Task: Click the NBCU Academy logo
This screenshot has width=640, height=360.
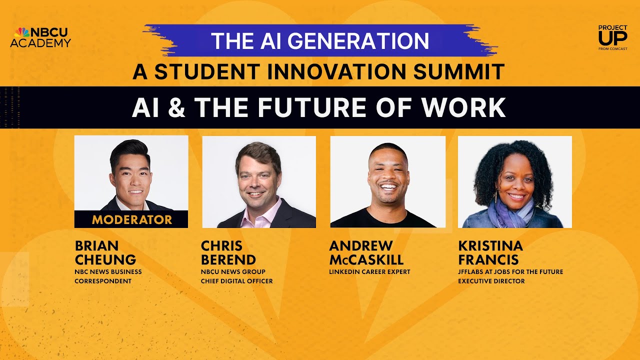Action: [40, 37]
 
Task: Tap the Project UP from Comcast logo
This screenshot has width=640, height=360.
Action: [612, 37]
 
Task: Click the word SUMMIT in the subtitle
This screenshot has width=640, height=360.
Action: [465, 72]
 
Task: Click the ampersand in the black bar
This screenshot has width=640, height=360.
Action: [176, 107]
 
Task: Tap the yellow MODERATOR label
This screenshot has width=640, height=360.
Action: [131, 219]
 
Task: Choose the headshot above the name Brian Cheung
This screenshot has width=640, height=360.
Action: [131, 175]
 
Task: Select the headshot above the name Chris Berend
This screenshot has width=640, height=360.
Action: [259, 182]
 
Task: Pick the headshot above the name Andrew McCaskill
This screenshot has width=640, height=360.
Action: [387, 182]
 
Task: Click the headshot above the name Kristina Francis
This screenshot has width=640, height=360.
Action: [515, 182]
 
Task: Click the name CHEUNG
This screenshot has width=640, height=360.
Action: [105, 259]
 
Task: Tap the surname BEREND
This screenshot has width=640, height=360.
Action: [228, 259]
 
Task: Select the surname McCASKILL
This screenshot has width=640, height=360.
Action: [366, 259]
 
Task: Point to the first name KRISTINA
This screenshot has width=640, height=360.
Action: [490, 246]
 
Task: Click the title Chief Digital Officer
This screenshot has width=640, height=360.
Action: [237, 281]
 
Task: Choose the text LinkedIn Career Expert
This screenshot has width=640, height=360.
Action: [369, 272]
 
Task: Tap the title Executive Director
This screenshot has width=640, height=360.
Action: [491, 281]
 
